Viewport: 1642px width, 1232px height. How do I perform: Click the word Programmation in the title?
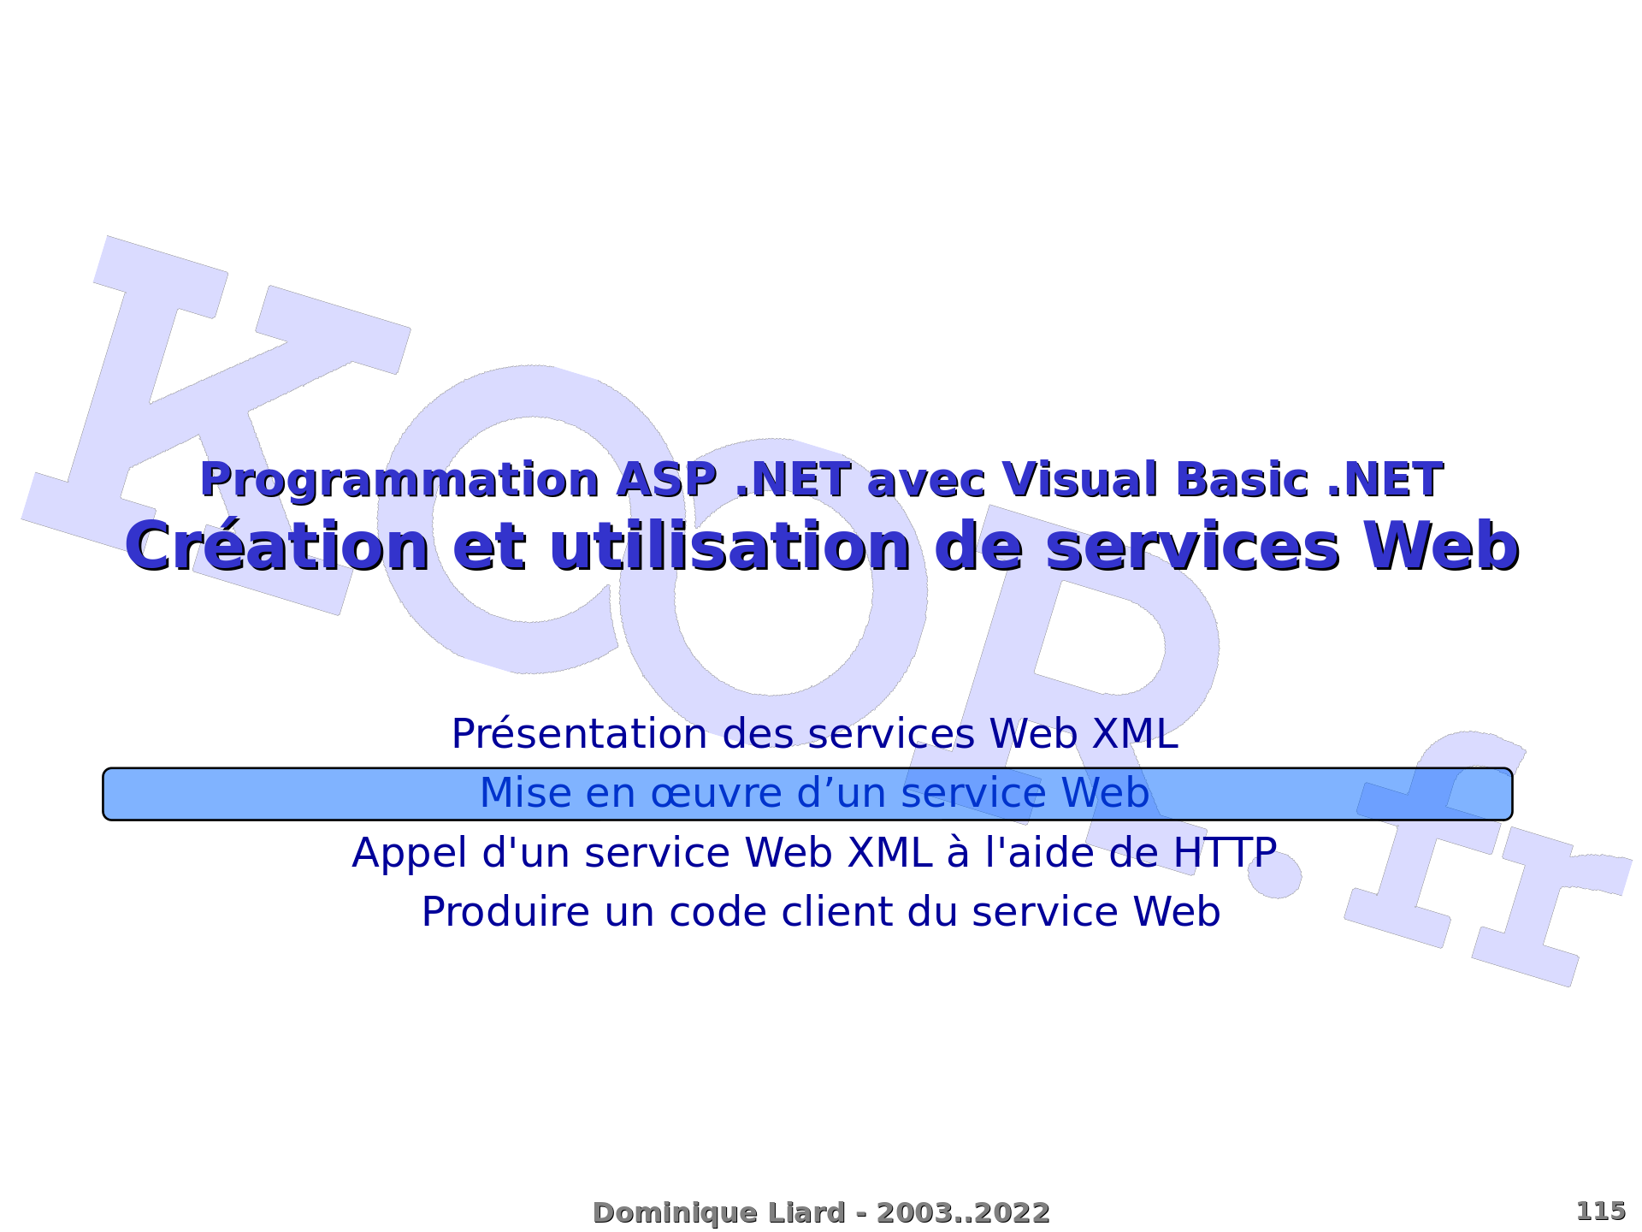[399, 482]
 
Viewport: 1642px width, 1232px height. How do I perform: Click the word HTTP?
[1225, 852]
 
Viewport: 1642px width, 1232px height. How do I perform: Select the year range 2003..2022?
[963, 1212]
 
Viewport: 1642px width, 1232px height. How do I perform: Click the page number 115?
[1600, 1211]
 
